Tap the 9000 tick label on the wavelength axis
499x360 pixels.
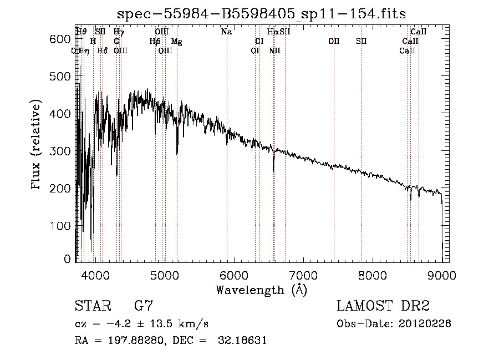tap(442, 275)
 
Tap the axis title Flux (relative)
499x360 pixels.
tap(37, 145)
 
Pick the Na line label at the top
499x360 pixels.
tap(226, 32)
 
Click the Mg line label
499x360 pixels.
tap(176, 42)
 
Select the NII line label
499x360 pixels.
tap(274, 51)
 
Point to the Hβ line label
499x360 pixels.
tap(155, 42)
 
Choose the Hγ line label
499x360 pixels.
tap(119, 32)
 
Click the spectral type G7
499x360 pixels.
tap(143, 306)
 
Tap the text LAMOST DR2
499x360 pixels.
tap(383, 306)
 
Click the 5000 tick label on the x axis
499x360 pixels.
tap(165, 275)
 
